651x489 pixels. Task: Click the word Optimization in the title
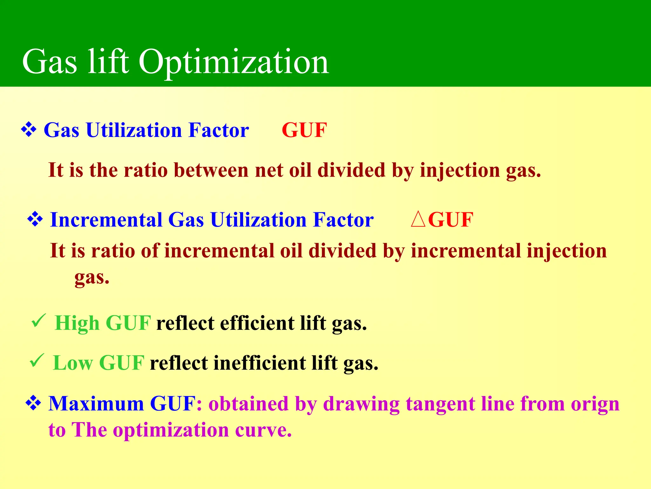pyautogui.click(x=234, y=62)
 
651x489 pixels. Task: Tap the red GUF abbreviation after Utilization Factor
pyautogui.click(x=304, y=130)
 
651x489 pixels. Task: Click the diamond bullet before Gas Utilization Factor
pyautogui.click(x=29, y=130)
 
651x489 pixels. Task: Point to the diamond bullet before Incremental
pyautogui.click(x=35, y=219)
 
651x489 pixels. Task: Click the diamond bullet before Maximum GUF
pyautogui.click(x=33, y=403)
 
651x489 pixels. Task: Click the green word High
pyautogui.click(x=77, y=323)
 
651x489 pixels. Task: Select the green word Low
pyautogui.click(x=73, y=363)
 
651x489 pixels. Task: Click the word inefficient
pyautogui.click(x=259, y=363)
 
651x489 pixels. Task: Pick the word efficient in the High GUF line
pyautogui.click(x=257, y=323)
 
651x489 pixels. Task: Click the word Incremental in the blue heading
pyautogui.click(x=106, y=220)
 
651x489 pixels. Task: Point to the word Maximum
pyautogui.click(x=96, y=404)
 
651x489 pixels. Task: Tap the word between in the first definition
pyautogui.click(x=211, y=170)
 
